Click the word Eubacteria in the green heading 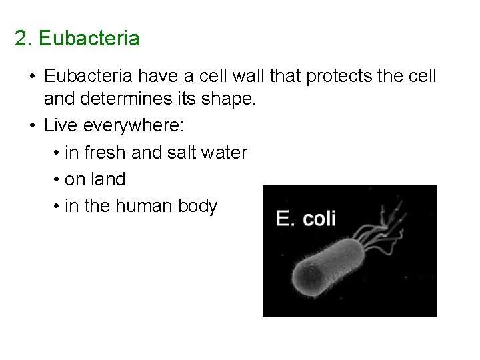pos(89,39)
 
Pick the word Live pos(58,127)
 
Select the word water pos(223,153)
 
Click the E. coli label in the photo pos(306,218)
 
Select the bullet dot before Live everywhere pos(32,127)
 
